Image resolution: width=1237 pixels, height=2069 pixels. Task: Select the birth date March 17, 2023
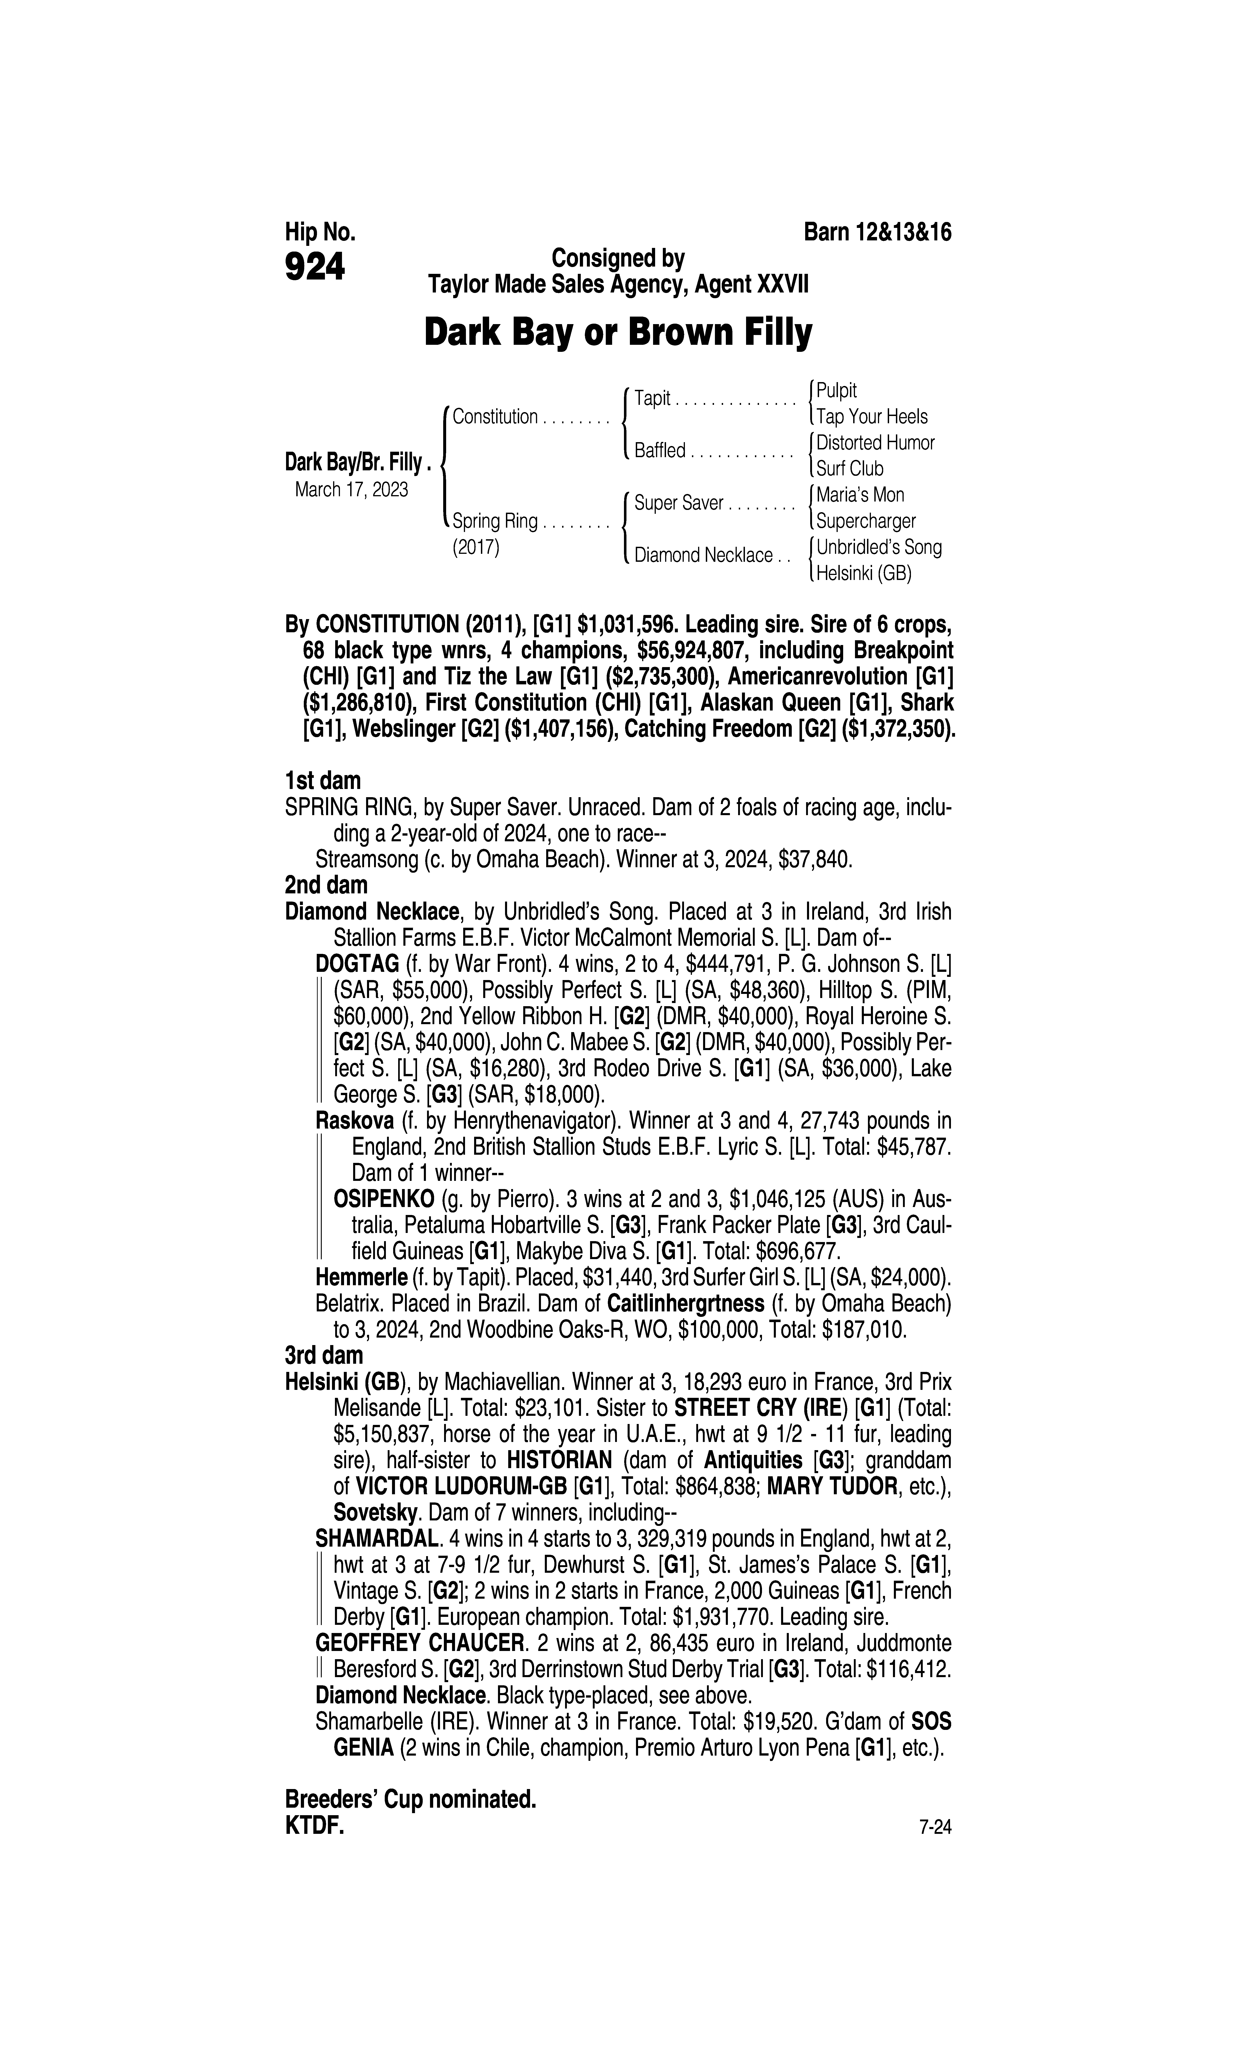coord(351,489)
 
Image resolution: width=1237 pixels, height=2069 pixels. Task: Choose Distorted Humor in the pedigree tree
coord(875,443)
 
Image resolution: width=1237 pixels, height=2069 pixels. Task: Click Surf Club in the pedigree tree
coord(849,469)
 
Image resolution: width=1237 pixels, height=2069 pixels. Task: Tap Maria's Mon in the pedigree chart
coord(860,495)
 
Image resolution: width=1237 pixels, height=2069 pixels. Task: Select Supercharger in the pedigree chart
coord(866,521)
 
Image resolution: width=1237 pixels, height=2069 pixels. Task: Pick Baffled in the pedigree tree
coord(659,451)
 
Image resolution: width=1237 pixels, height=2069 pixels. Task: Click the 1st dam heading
coord(323,781)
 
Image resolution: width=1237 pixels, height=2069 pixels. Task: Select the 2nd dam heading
coord(326,885)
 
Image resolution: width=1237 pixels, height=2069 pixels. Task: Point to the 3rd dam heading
coord(324,1355)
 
